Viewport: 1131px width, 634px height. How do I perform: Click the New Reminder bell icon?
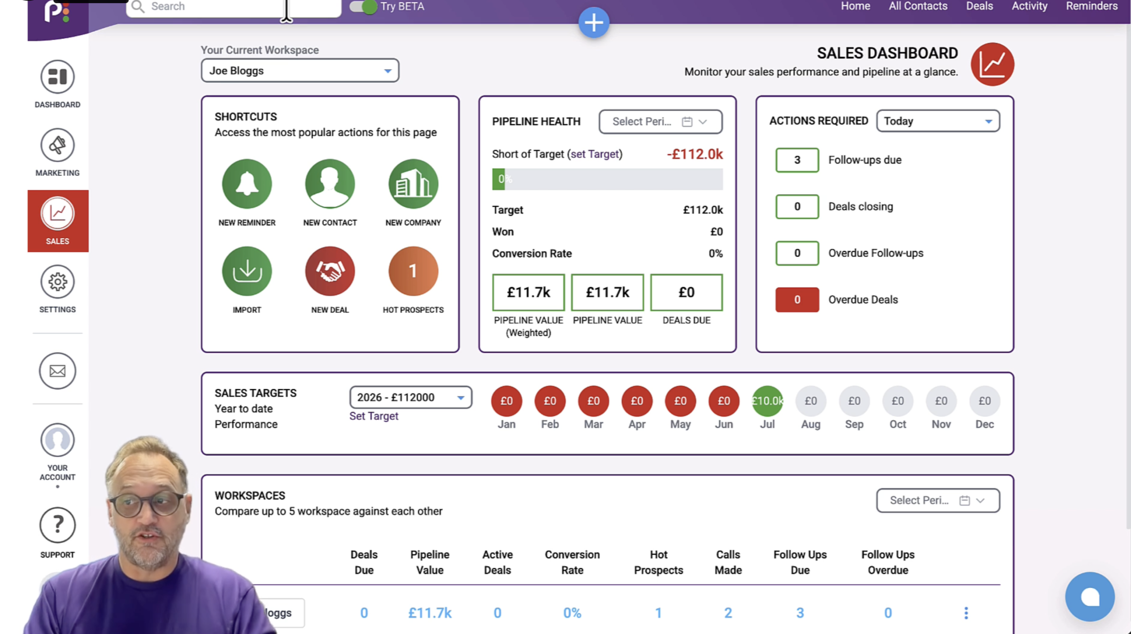tap(247, 184)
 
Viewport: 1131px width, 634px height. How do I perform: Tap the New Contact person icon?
tap(330, 184)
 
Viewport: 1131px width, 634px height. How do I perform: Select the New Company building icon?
tap(413, 184)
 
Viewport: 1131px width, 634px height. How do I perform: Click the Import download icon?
tap(247, 271)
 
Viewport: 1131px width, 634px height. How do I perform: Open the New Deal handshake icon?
tap(330, 271)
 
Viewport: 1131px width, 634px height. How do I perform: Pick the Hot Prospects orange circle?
tap(413, 271)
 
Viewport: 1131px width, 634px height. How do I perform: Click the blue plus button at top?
tap(594, 23)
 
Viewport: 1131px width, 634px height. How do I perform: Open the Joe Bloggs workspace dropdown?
tap(300, 71)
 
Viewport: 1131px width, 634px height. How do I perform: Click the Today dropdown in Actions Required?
tap(938, 121)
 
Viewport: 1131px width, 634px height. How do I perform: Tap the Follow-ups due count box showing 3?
tap(797, 160)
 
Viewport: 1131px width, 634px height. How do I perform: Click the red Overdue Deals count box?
tap(797, 300)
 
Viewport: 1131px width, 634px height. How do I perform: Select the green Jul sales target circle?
tap(767, 401)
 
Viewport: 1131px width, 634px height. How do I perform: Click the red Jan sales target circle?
tap(506, 401)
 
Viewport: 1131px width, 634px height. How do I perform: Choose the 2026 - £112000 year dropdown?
tap(410, 397)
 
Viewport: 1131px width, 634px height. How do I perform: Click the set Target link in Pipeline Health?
tap(596, 154)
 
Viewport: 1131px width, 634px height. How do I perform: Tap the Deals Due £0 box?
tap(687, 292)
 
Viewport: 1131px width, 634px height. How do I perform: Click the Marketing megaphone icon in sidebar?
tap(57, 145)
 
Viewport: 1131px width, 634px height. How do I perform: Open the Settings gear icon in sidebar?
tap(57, 282)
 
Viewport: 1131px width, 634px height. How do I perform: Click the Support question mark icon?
tap(57, 525)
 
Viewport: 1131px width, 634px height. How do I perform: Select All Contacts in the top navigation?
tap(918, 6)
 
